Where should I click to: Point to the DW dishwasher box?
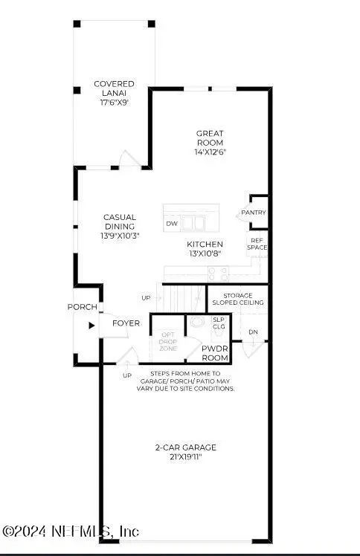[172, 223]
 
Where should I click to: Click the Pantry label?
[253, 213]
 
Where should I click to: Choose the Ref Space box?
[257, 243]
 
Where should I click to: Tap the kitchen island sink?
[193, 223]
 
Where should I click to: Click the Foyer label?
[125, 323]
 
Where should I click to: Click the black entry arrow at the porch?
[91, 324]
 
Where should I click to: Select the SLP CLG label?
[219, 322]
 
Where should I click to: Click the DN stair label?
[254, 332]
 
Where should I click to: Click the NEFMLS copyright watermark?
[71, 531]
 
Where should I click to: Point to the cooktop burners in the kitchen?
[217, 273]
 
